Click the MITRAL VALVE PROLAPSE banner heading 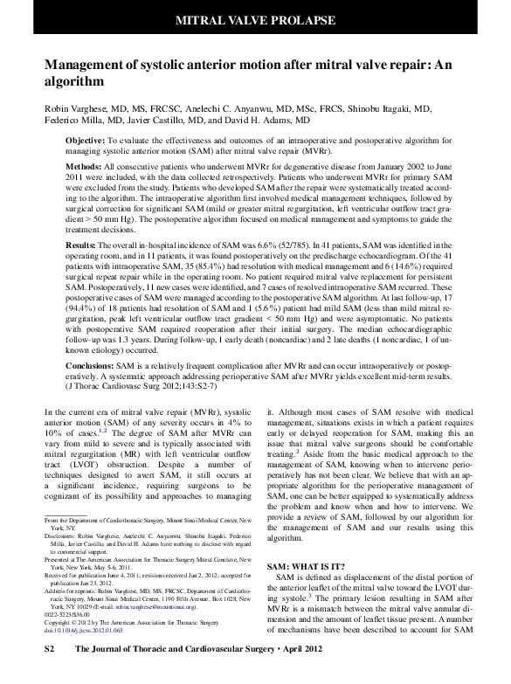click(255, 18)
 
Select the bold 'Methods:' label click(85, 165)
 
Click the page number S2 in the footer click(50, 674)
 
